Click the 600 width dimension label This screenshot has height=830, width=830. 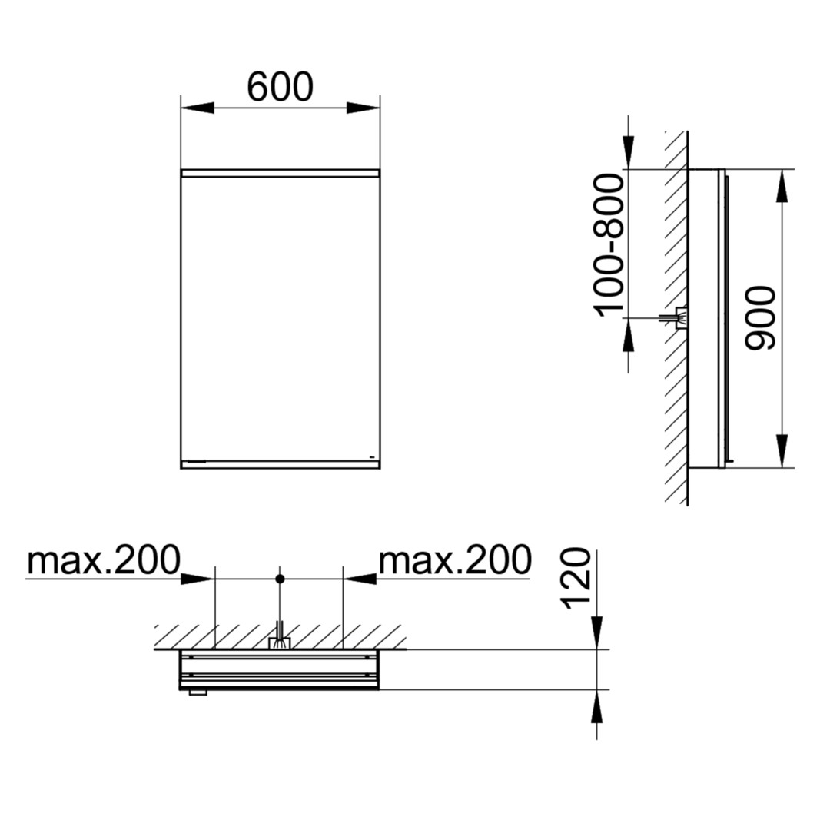coord(280,88)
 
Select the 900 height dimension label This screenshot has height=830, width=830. coord(759,318)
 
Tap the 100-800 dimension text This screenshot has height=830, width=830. coord(609,246)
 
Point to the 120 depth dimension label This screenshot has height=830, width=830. coord(576,579)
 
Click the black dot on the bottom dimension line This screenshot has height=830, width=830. coord(280,579)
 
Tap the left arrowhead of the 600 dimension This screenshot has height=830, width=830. coord(198,108)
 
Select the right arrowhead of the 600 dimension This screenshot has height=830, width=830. coord(363,108)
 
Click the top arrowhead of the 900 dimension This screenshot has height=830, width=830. coord(782,186)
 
